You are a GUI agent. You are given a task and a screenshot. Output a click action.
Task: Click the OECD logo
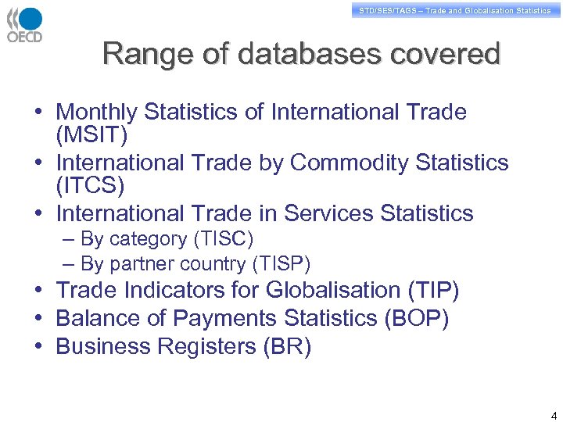point(25,24)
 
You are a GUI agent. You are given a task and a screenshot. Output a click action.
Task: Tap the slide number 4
point(554,415)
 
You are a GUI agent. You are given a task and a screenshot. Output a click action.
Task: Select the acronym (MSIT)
point(91,135)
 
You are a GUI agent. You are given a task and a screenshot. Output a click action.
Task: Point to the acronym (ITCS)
point(91,186)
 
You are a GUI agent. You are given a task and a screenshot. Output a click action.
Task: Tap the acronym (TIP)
point(433,291)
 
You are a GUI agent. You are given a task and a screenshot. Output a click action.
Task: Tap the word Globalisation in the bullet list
point(334,291)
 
